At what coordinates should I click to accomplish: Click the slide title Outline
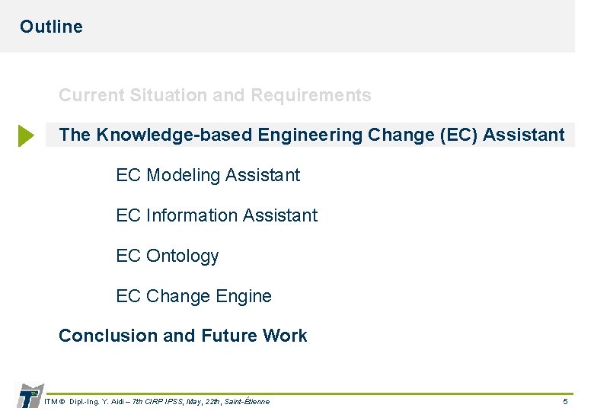tap(51, 27)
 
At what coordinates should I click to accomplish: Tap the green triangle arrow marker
tap(26, 136)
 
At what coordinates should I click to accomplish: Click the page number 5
tap(564, 401)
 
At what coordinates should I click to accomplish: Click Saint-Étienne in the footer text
tap(247, 401)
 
